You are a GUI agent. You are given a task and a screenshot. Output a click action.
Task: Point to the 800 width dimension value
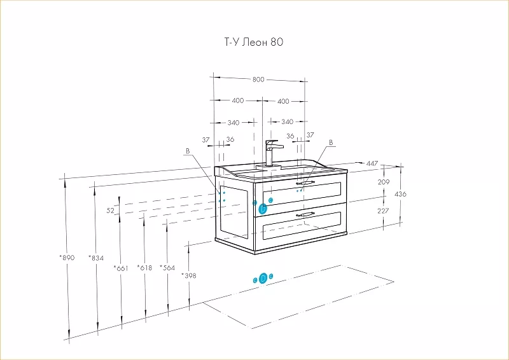click(x=258, y=80)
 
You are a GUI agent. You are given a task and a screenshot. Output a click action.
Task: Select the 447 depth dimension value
click(x=372, y=164)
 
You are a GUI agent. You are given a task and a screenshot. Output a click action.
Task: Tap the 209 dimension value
click(x=383, y=183)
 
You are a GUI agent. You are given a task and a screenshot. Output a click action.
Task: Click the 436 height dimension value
click(x=400, y=193)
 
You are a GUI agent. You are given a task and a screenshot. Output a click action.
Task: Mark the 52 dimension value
click(x=110, y=210)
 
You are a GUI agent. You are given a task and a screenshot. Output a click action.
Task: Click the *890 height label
click(x=67, y=258)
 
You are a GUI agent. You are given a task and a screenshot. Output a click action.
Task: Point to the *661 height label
click(x=121, y=268)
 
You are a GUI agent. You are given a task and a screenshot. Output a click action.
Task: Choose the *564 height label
click(x=167, y=268)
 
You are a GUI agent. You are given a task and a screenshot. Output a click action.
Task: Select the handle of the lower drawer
click(x=305, y=215)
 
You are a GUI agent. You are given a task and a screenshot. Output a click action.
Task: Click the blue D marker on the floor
click(x=263, y=279)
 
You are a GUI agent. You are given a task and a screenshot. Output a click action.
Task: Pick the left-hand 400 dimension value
click(x=237, y=101)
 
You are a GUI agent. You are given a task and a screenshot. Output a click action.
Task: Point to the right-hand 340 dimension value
click(x=287, y=122)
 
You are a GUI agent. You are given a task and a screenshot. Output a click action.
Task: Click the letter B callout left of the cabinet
click(x=188, y=151)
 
